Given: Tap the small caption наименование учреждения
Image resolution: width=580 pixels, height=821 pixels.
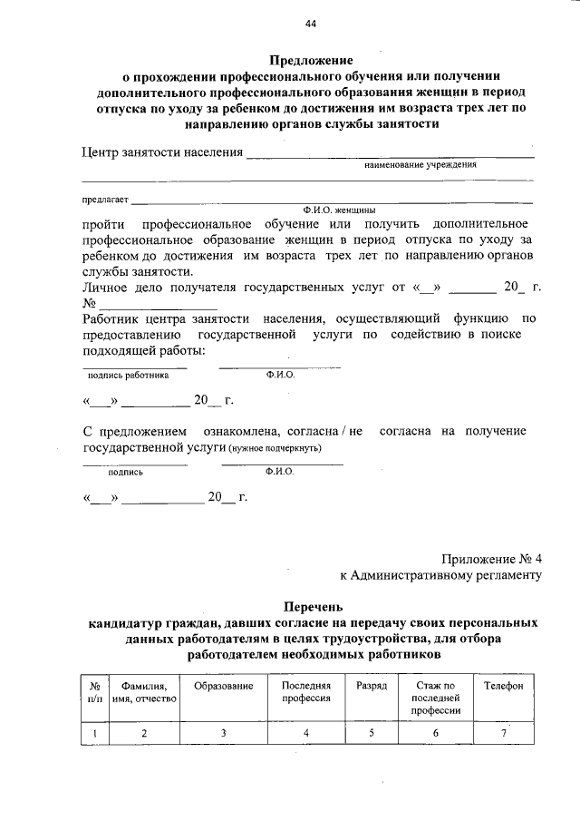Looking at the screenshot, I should click(x=420, y=165).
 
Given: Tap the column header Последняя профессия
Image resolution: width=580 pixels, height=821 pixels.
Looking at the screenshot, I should click(x=306, y=692).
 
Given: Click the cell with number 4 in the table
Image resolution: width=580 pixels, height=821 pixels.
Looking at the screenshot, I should click(x=306, y=732).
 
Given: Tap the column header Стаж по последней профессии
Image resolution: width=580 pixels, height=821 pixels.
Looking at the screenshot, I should click(x=435, y=699).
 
